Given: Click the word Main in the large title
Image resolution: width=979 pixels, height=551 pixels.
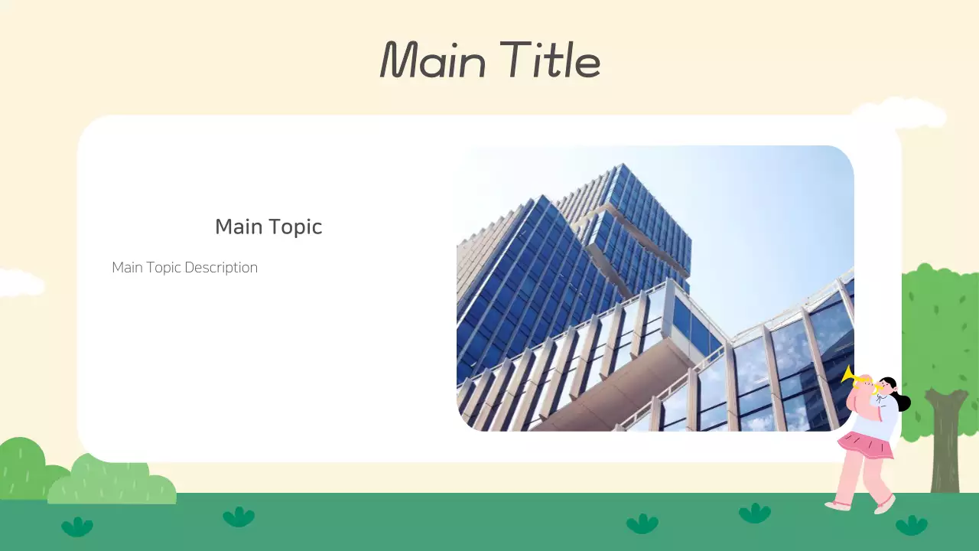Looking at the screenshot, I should coord(433,60).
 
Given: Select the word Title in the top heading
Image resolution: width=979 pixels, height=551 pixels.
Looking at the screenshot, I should coord(551,60).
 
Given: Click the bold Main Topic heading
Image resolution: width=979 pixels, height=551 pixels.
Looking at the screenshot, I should coord(268,227).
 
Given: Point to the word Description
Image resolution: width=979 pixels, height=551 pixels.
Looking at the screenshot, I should coord(221,268).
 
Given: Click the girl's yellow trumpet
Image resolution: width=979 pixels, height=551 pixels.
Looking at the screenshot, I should coord(854,377).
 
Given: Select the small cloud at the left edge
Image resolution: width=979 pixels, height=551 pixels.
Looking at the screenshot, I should coord(19,282).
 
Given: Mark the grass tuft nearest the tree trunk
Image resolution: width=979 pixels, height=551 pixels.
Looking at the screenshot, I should coord(911,525).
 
